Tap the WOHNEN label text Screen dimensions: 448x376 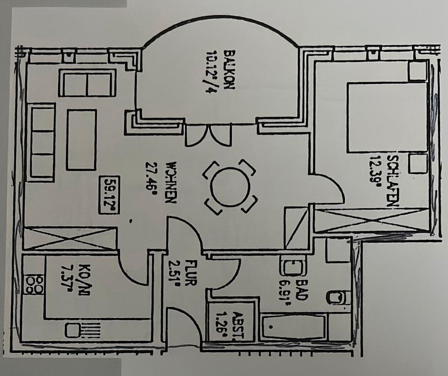(171, 182)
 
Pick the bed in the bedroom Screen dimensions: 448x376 (387, 117)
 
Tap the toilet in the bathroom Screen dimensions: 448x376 (339, 297)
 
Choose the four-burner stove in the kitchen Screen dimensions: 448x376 (34, 285)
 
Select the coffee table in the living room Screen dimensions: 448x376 (82, 139)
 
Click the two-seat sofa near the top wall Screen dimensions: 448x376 (87, 83)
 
